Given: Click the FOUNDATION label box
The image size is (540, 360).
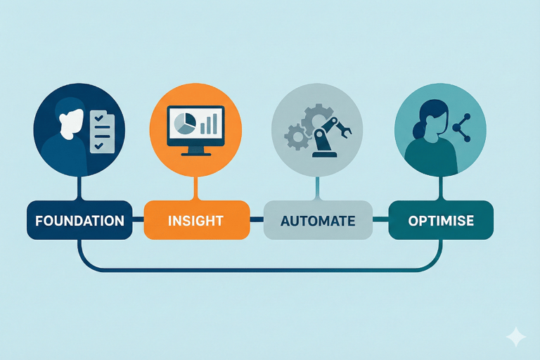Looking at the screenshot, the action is tap(79, 220).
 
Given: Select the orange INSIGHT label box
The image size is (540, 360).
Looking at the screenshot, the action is tap(196, 220).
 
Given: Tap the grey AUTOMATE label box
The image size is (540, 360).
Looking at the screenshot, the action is tap(318, 220).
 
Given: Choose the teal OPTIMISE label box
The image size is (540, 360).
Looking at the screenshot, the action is tap(441, 220).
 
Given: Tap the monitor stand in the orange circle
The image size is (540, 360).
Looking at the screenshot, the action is tap(195, 150).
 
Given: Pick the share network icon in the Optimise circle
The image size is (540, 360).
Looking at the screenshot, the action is tap(461, 127).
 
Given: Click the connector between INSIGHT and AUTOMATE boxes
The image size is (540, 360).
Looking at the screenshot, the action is tap(257, 220).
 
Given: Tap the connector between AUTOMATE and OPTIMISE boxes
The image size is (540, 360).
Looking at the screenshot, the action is tap(380, 220).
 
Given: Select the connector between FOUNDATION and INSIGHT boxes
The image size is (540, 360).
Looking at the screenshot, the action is tap(138, 220).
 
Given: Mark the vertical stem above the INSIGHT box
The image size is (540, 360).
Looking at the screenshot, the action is tap(196, 188).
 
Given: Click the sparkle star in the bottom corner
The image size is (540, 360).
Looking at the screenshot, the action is tap(516, 337).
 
